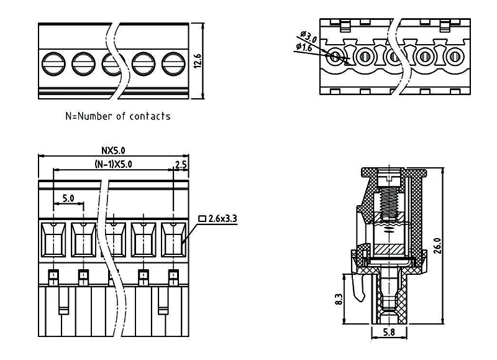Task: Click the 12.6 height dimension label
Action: point(198,62)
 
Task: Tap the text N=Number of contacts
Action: point(118,116)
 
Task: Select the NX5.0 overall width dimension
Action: point(113,150)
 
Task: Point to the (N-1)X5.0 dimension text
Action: point(113,164)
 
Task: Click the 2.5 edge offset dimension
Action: point(181,164)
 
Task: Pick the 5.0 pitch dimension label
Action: point(68,198)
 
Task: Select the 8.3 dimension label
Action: point(337,299)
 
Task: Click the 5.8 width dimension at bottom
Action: point(389,333)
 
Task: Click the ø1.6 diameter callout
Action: point(304,47)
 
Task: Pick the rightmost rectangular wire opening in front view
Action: point(173,239)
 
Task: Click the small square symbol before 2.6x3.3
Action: point(203,218)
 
